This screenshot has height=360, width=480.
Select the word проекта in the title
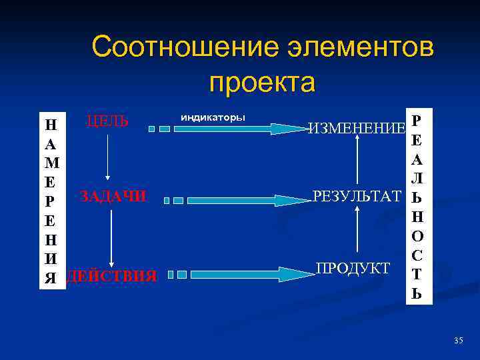[x=261, y=83]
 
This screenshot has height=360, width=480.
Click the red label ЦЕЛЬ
[x=106, y=122]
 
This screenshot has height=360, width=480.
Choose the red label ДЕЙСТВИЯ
[x=113, y=275]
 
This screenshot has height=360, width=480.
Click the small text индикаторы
[x=212, y=117]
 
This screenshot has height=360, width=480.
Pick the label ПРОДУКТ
[x=353, y=268]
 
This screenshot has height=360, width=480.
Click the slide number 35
[x=458, y=341]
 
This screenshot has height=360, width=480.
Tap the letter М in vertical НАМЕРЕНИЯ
[x=51, y=162]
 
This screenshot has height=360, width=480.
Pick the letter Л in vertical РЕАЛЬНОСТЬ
[x=416, y=179]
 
